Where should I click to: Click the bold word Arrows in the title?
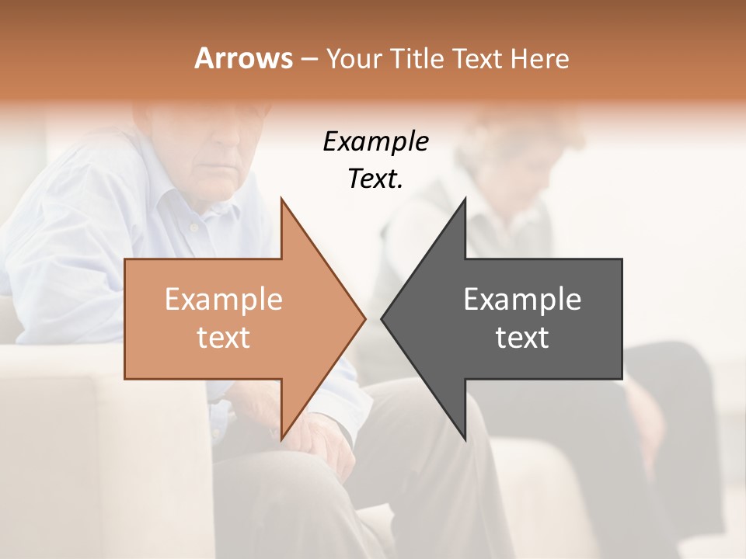[x=244, y=58]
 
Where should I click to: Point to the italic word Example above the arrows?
[x=375, y=142]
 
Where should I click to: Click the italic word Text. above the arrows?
[x=375, y=179]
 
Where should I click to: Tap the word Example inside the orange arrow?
[x=224, y=300]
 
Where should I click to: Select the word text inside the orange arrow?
[x=224, y=338]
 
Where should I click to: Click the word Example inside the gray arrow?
[x=522, y=300]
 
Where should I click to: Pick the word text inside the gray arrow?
[x=522, y=338]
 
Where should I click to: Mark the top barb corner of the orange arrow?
[x=281, y=200]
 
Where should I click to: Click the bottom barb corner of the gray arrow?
[x=465, y=439]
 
